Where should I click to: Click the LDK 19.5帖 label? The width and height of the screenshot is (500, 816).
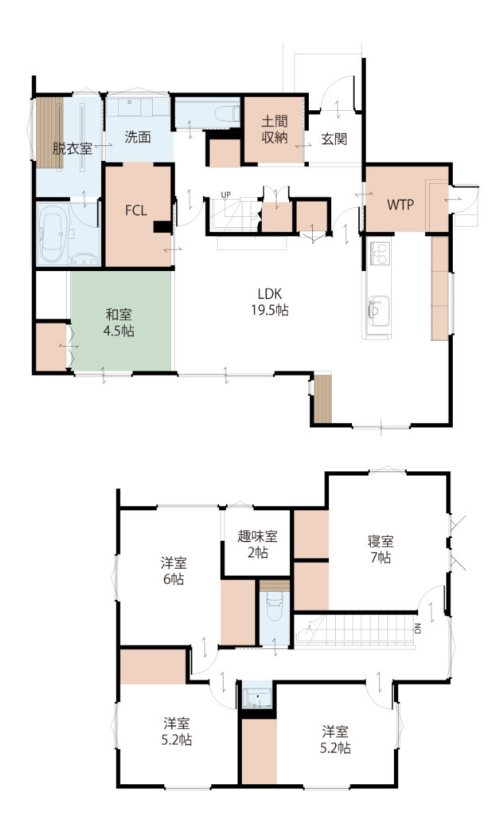click(270, 302)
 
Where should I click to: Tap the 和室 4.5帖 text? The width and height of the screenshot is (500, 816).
click(119, 323)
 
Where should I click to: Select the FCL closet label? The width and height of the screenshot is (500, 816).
click(136, 210)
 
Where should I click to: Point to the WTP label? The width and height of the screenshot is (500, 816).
click(400, 205)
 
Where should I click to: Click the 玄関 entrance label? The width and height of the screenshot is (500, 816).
click(334, 139)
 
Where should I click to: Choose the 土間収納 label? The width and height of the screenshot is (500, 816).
click(274, 130)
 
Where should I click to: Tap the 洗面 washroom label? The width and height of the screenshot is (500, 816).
click(138, 137)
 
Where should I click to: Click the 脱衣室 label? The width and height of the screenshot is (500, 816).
click(72, 148)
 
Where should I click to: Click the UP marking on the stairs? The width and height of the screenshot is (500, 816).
click(225, 195)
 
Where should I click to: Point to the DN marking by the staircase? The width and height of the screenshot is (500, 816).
click(418, 629)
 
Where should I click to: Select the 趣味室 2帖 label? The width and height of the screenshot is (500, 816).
click(257, 543)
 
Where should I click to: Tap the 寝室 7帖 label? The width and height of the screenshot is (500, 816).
click(381, 550)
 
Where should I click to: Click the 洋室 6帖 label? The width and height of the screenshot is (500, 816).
click(174, 571)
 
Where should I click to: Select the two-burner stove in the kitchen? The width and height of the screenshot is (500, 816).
click(380, 254)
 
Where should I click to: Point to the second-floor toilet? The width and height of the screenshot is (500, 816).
click(275, 611)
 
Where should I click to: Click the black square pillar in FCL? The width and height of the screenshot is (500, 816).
click(162, 227)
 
